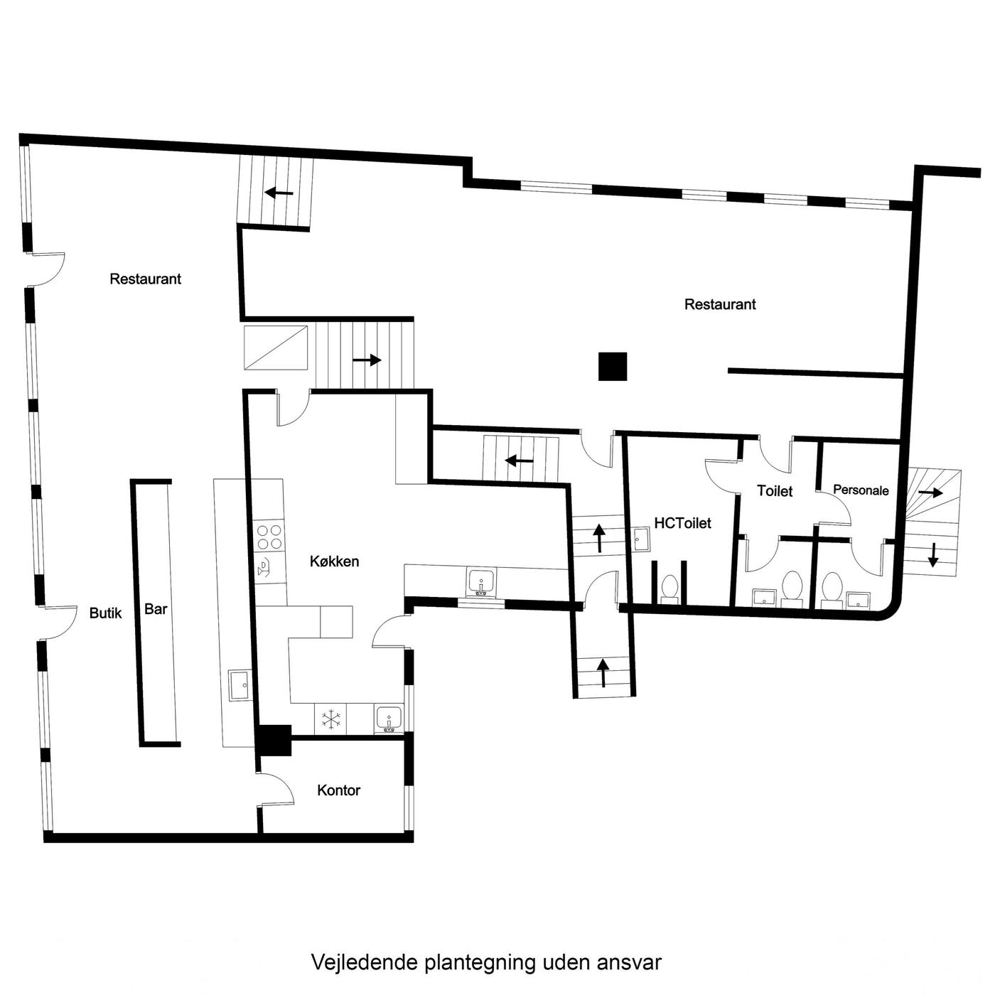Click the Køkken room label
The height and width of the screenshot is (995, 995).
point(334,561)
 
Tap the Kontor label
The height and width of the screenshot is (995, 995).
point(338,790)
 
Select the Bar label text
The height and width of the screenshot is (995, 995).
point(156,609)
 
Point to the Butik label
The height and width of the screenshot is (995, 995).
point(105,613)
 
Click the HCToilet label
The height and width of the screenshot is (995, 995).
point(682,523)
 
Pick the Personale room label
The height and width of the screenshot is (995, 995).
point(861,490)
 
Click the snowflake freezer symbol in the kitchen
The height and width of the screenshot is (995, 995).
point(331,720)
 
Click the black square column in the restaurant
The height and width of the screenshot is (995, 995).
point(613,367)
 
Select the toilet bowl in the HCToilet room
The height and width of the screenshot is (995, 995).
point(669,588)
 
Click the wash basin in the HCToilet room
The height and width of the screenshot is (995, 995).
point(642,540)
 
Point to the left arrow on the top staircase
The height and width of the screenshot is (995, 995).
point(279,193)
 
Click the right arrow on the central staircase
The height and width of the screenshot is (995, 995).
point(367,360)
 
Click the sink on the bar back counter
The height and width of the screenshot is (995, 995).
point(240,684)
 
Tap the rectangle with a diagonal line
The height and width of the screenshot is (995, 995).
point(276,348)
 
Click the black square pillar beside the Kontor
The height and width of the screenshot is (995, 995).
point(275,741)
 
